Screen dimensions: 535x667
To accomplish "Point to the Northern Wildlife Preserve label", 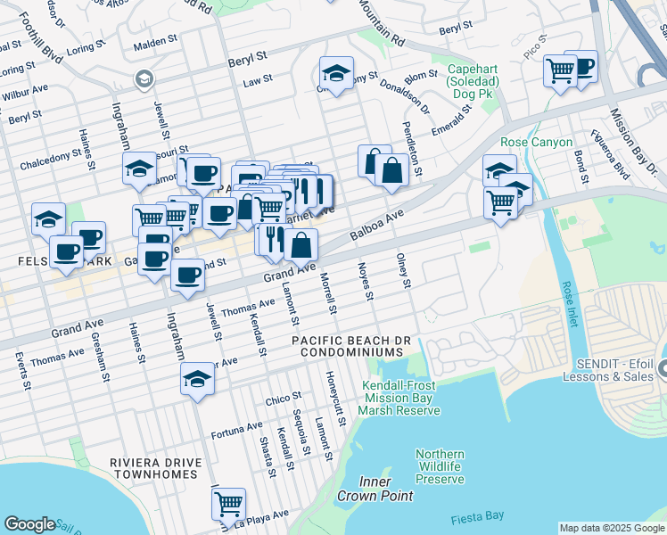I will [440, 466].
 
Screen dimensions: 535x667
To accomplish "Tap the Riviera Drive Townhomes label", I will [152, 468].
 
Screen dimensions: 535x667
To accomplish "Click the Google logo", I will [29, 524].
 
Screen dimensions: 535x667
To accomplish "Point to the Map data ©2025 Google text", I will [611, 528].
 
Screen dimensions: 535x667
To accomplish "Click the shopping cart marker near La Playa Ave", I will [228, 503].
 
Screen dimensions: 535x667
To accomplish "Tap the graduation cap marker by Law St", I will [336, 74].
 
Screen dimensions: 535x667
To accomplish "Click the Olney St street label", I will [404, 270].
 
